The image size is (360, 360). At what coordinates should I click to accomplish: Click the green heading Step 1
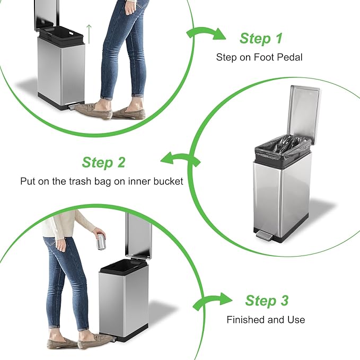pyautogui.click(x=261, y=39)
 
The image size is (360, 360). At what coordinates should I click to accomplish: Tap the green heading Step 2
pyautogui.click(x=103, y=163)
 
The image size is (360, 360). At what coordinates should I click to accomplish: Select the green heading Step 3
pyautogui.click(x=267, y=301)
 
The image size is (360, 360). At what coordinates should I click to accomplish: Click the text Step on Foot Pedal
pyautogui.click(x=259, y=57)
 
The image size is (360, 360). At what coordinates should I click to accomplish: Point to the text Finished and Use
pyautogui.click(x=266, y=320)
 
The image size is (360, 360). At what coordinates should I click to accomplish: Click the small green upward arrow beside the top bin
pyautogui.click(x=90, y=34)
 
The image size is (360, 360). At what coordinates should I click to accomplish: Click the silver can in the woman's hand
pyautogui.click(x=99, y=243)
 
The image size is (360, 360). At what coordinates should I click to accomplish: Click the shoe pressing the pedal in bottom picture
pyautogui.click(x=95, y=340)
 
